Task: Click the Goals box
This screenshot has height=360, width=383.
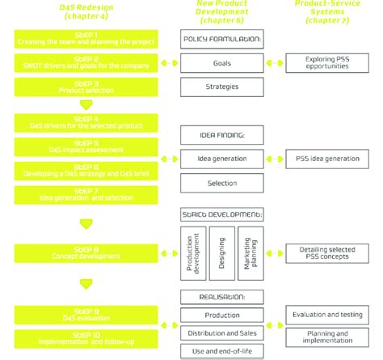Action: tap(222, 62)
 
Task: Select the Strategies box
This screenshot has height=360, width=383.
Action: tap(222, 86)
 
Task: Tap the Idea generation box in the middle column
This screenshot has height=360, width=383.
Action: tap(222, 159)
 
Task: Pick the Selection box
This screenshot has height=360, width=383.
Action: tap(222, 184)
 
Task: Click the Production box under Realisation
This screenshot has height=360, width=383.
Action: tap(222, 315)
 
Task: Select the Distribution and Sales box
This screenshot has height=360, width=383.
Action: tap(222, 332)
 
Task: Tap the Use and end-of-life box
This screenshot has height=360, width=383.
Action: tap(222, 351)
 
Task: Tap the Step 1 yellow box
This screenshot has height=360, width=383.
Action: tap(79, 39)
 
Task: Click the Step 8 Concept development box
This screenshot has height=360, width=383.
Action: tap(79, 253)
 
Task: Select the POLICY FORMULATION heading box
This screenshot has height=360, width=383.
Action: tap(222, 39)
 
